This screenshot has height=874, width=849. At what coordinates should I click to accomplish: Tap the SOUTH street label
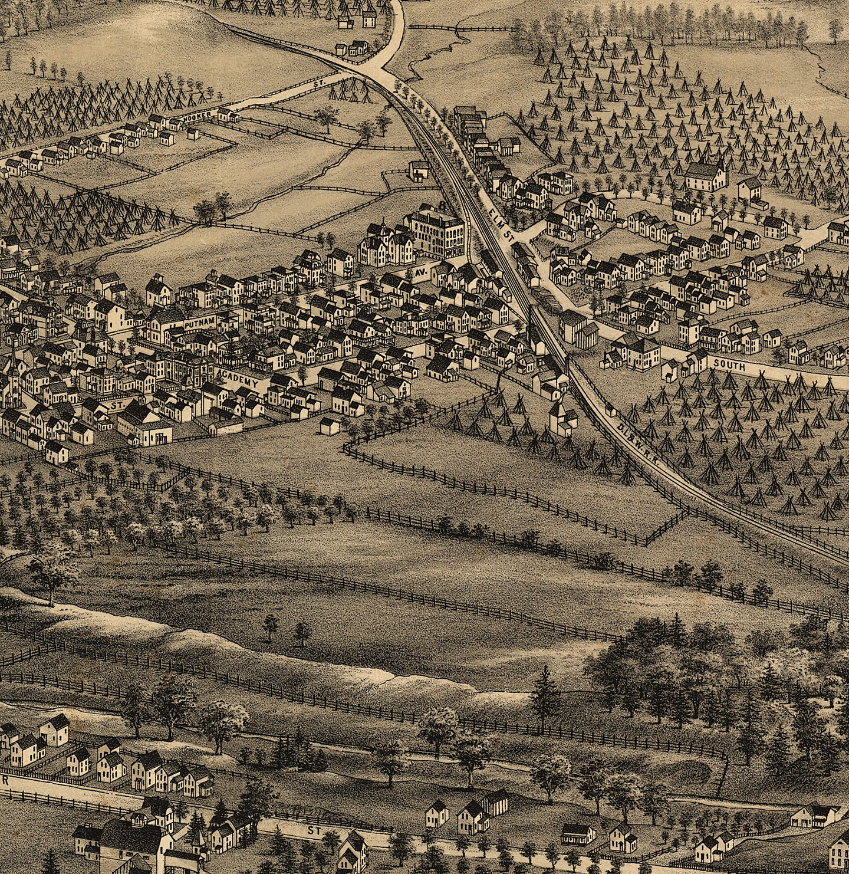[x=729, y=366]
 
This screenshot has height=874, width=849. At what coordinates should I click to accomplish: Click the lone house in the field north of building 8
[x=418, y=171]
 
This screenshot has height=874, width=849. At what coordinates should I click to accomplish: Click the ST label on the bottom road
[x=312, y=830]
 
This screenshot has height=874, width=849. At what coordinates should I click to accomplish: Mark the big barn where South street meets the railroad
[x=578, y=327]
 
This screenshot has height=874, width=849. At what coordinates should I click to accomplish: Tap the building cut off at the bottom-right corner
[x=838, y=852]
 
